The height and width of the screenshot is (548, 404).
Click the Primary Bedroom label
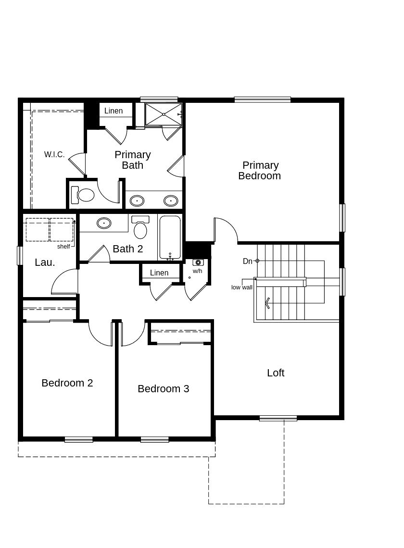260,171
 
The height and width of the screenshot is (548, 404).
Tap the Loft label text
276,373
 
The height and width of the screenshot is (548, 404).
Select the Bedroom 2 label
67,383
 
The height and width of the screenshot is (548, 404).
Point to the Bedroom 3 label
164,389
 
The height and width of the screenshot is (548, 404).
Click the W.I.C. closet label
54,155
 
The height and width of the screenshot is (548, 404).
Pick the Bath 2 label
128,249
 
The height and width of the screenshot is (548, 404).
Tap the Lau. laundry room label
45,263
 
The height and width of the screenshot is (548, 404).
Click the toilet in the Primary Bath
84,195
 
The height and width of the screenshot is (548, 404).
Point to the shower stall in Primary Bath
164,114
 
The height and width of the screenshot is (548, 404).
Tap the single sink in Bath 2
104,223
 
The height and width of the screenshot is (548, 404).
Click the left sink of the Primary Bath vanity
138,200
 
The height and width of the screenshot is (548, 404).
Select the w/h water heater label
198,271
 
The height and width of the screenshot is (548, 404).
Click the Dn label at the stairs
248,262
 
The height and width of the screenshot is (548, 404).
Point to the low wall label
242,287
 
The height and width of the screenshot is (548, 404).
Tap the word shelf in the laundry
63,247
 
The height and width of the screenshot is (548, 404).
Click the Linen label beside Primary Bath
114,111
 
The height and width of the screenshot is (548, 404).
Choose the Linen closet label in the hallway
159,273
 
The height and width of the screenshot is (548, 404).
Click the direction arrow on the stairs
267,303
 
